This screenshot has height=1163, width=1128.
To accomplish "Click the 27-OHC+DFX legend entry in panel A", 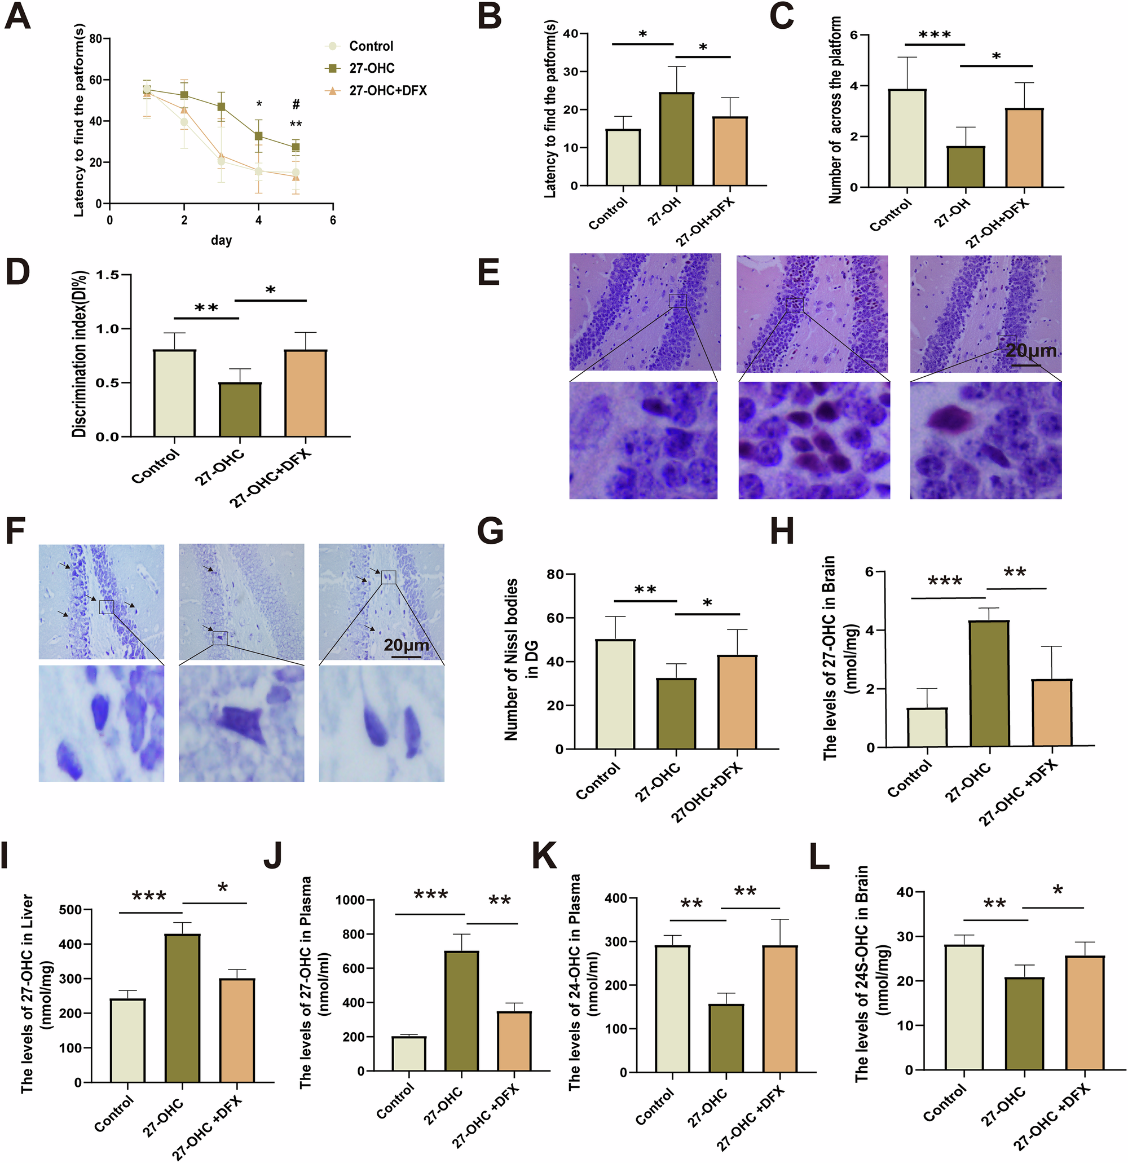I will (x=387, y=90).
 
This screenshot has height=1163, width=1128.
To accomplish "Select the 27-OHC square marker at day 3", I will (x=221, y=107).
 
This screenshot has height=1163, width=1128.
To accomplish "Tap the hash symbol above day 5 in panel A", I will (x=296, y=105).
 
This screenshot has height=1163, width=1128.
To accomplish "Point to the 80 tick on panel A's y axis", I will (x=95, y=39).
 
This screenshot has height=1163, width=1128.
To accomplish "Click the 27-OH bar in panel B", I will (x=676, y=139).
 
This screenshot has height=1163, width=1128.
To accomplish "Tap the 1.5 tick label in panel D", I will (x=107, y=275).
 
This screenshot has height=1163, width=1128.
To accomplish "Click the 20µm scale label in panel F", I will (x=406, y=645).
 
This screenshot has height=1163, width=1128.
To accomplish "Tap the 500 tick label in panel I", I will (x=70, y=910).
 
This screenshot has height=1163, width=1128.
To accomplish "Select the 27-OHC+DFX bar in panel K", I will (x=779, y=1008).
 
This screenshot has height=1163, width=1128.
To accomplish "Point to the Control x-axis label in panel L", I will (x=944, y=1104).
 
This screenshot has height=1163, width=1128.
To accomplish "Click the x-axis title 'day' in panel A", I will (x=221, y=240).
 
